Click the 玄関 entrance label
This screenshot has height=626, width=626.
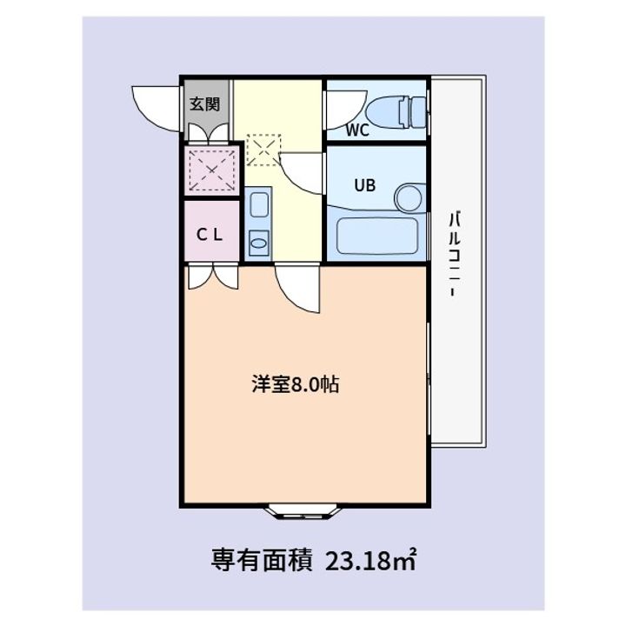[207, 103]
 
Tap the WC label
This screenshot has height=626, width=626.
[358, 131]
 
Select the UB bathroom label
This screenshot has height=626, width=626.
[363, 184]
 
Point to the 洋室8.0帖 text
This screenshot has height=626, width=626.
[296, 384]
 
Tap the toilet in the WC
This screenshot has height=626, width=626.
[396, 110]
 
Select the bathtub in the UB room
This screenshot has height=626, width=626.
[378, 235]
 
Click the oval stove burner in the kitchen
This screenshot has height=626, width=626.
[258, 242]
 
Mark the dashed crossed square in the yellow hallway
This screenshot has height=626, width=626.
[262, 149]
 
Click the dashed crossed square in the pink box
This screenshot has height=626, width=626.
[210, 170]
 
